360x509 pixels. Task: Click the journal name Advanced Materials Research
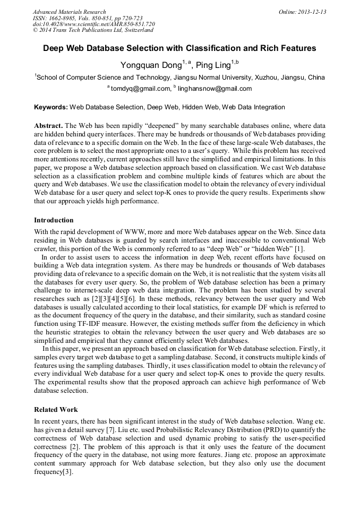point(69,12)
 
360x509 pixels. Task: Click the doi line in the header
point(94,24)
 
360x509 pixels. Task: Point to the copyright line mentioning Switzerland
point(93,31)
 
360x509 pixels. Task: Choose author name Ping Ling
point(213,66)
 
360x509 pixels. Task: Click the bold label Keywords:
point(51,107)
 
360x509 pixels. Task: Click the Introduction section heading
point(54,220)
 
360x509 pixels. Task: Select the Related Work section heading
point(56,410)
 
